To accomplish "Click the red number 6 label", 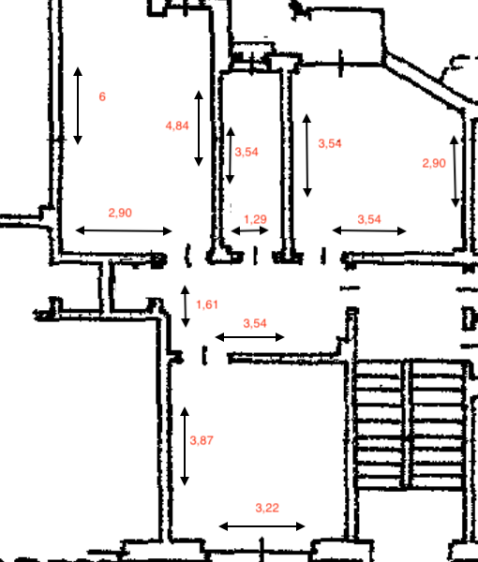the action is click(x=102, y=96).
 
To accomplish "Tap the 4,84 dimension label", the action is click(x=177, y=126).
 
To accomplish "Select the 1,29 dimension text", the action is click(x=255, y=219).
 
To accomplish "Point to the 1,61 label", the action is click(x=207, y=304).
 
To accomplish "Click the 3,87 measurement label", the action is click(x=202, y=440).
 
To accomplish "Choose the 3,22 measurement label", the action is click(x=267, y=508).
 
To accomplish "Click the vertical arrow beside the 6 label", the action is click(x=78, y=106).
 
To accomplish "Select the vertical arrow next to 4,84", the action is click(x=199, y=128).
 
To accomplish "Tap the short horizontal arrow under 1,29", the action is click(x=250, y=230).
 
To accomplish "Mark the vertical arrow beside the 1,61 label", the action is click(x=185, y=306).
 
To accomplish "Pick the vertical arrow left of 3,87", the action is click(x=185, y=447).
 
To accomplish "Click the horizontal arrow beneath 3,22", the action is click(x=261, y=526).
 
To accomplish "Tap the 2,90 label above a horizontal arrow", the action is click(x=120, y=213).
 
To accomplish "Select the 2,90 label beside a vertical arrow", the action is click(x=434, y=163).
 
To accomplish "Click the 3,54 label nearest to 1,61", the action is click(x=255, y=323).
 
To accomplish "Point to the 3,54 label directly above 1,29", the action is click(x=246, y=152).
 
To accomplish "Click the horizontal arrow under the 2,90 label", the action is click(x=124, y=230).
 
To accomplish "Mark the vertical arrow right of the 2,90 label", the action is click(x=455, y=171).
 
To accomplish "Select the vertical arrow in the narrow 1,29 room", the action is click(x=231, y=155).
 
